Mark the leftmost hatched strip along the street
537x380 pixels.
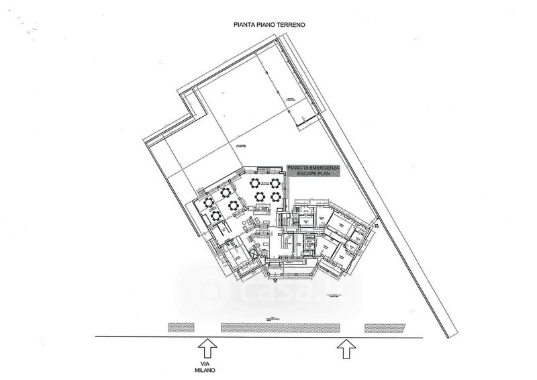[184, 328]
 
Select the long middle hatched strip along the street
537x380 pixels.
[281, 328]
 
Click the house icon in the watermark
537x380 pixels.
[205, 290]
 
